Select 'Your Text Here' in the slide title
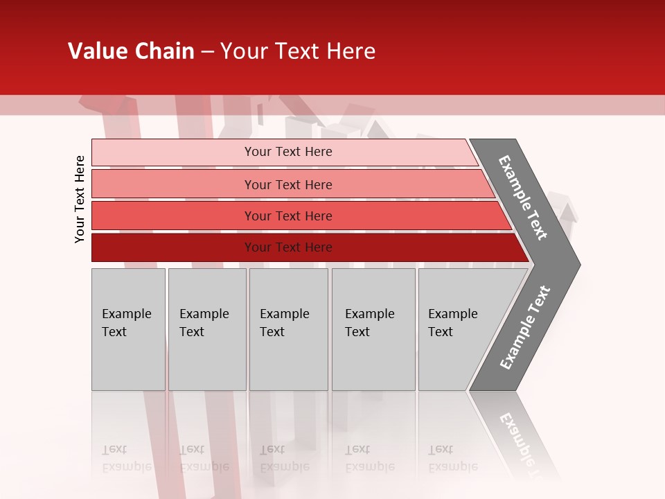click(x=298, y=51)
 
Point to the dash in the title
click(x=207, y=52)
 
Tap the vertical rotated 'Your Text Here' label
click(x=80, y=200)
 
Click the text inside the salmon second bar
click(x=288, y=185)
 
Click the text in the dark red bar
click(x=288, y=247)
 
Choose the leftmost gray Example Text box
click(x=128, y=329)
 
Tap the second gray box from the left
click(x=206, y=329)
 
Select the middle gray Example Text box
click(x=288, y=329)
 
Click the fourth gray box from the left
click(x=373, y=329)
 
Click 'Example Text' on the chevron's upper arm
click(x=523, y=198)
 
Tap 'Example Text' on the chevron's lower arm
click(x=525, y=328)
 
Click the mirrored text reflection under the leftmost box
click(x=127, y=458)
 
